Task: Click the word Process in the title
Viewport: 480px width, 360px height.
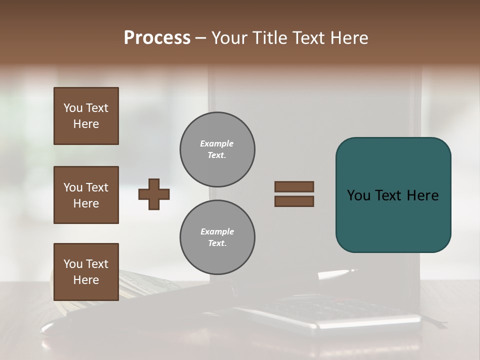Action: pos(157,38)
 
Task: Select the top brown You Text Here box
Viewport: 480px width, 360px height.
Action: pos(86,116)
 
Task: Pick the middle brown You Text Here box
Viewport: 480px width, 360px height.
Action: pos(86,195)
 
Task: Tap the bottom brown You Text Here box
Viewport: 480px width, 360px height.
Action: pos(86,272)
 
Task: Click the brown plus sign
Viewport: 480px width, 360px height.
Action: pos(154,194)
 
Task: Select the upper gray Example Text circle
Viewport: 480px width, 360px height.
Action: pos(217,149)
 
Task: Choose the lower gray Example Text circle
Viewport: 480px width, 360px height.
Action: pos(217,237)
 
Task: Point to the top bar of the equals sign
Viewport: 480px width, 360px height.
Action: pos(294,186)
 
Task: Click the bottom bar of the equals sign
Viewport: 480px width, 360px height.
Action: pos(294,201)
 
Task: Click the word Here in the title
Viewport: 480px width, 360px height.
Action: pos(347,38)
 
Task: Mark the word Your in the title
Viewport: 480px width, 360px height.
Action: pos(228,38)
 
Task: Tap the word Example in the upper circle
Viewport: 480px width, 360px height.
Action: pos(216,143)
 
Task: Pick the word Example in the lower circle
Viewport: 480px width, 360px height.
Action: pos(217,231)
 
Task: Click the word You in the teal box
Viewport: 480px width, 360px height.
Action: pos(358,195)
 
